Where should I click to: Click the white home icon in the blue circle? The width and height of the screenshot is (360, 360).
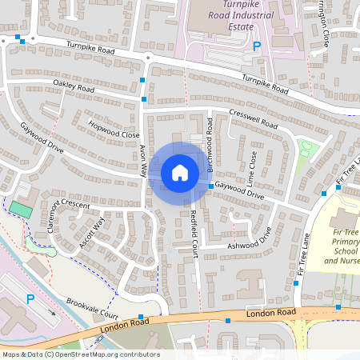click(179, 172)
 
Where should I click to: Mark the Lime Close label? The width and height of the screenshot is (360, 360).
click(253, 165)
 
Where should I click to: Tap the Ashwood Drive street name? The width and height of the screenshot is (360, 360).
click(250, 237)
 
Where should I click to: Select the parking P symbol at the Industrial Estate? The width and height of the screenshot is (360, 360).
click(257, 47)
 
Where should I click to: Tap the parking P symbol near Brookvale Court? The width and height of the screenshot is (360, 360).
click(30, 299)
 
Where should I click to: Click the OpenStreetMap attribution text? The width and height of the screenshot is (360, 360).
click(80, 354)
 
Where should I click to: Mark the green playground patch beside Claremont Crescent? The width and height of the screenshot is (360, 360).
click(18, 209)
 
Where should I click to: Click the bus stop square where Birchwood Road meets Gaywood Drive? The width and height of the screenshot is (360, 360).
click(211, 186)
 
